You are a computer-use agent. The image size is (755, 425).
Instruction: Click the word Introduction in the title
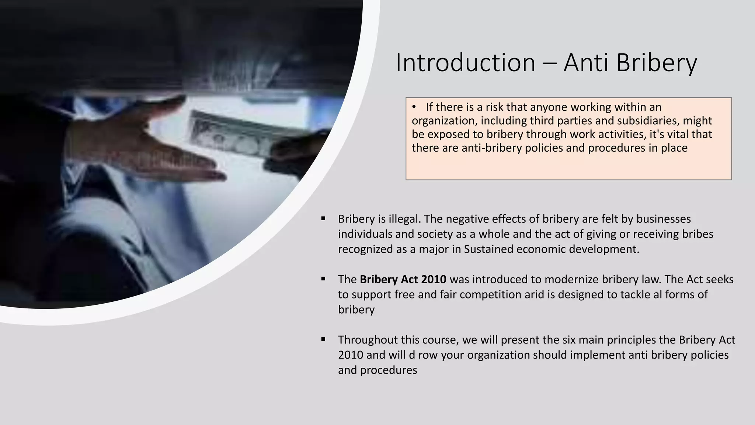coord(465,63)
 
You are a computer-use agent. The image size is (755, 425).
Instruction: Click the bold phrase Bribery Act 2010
coord(403,279)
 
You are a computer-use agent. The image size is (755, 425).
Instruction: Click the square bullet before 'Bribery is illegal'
coord(323,218)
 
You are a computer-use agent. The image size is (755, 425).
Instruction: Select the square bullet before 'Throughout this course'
coord(323,339)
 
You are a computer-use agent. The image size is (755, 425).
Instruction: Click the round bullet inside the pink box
coord(414,107)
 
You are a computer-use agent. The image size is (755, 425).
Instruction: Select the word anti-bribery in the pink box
coord(491,148)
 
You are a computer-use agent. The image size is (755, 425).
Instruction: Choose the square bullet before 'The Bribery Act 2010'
coord(323,279)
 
